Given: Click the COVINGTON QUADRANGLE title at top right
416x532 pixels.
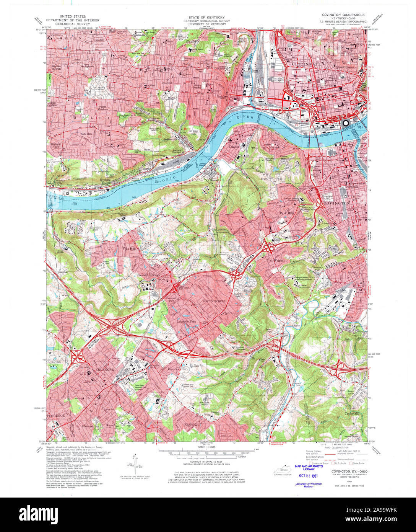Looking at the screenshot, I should tap(341, 15).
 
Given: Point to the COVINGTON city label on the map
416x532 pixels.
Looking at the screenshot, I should tap(336, 203).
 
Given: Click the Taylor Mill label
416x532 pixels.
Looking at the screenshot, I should tap(353, 414).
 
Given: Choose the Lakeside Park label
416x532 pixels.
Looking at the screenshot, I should tap(187, 322).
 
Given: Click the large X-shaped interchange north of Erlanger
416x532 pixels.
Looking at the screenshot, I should tap(113, 325).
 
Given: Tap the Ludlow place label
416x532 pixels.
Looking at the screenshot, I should tap(234, 147).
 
